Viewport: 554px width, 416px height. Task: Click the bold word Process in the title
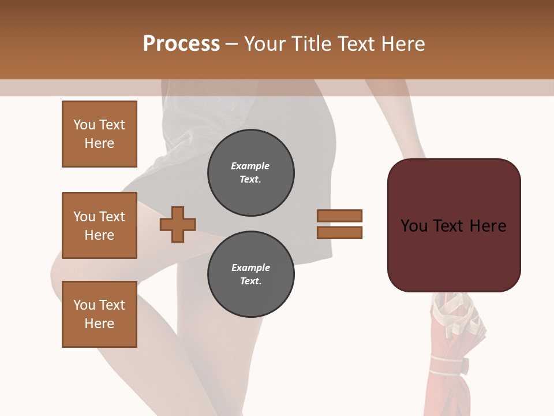pyautogui.click(x=181, y=44)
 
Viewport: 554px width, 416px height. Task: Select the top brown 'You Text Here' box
pyautogui.click(x=99, y=134)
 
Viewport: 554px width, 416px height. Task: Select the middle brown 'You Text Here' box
pyautogui.click(x=99, y=225)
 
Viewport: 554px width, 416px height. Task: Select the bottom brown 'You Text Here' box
pyautogui.click(x=99, y=314)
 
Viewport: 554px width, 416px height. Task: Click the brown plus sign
pyautogui.click(x=178, y=224)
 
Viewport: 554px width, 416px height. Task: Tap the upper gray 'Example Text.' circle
pyautogui.click(x=250, y=173)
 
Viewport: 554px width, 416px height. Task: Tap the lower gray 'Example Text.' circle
pyautogui.click(x=250, y=274)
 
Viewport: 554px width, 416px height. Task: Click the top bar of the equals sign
pyautogui.click(x=339, y=216)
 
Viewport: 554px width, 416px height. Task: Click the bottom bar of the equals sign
pyautogui.click(x=339, y=233)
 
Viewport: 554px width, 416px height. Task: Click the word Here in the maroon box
pyautogui.click(x=488, y=226)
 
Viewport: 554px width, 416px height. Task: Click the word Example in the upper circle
pyautogui.click(x=250, y=166)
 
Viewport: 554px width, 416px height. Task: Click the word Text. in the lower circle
pyautogui.click(x=250, y=281)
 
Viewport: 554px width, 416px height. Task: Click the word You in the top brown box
pyautogui.click(x=84, y=125)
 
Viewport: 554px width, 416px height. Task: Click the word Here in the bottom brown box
pyautogui.click(x=99, y=324)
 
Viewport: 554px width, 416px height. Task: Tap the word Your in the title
pyautogui.click(x=265, y=44)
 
